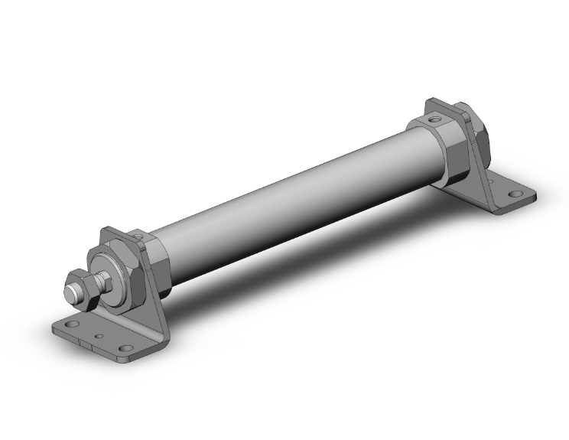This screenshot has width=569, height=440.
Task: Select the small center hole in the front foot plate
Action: (100, 336)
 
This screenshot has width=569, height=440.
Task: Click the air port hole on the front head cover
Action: (144, 237)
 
